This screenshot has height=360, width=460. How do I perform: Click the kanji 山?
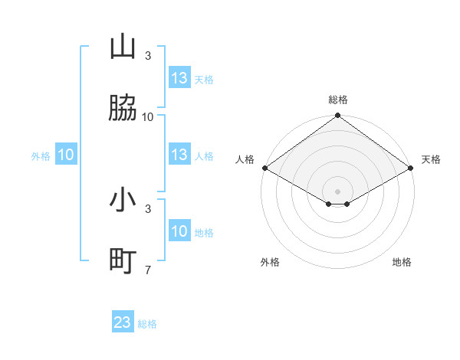(123, 47)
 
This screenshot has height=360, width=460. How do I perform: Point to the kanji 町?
(123, 261)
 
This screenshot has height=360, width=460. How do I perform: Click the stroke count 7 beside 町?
(148, 270)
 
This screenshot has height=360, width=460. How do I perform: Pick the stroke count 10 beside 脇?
(148, 116)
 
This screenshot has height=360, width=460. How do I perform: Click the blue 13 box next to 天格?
(179, 78)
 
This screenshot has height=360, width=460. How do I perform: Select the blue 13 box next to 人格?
(179, 155)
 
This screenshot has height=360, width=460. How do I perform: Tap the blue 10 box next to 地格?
(179, 231)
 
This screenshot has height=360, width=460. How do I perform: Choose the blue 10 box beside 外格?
(66, 155)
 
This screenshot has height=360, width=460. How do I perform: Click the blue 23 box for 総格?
(123, 322)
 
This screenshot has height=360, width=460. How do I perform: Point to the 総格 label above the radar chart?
(338, 100)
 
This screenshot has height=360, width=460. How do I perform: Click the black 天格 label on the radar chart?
(431, 159)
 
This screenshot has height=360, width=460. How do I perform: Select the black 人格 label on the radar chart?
(245, 159)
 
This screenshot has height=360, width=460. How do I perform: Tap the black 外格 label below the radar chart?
(269, 262)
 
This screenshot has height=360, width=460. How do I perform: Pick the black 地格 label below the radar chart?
(402, 262)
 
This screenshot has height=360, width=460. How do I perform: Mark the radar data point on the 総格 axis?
(337, 116)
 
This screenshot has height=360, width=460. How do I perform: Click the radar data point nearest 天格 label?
(412, 168)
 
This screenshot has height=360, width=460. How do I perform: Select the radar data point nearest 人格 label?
(264, 168)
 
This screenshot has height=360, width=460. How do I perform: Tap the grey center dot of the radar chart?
(337, 191)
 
